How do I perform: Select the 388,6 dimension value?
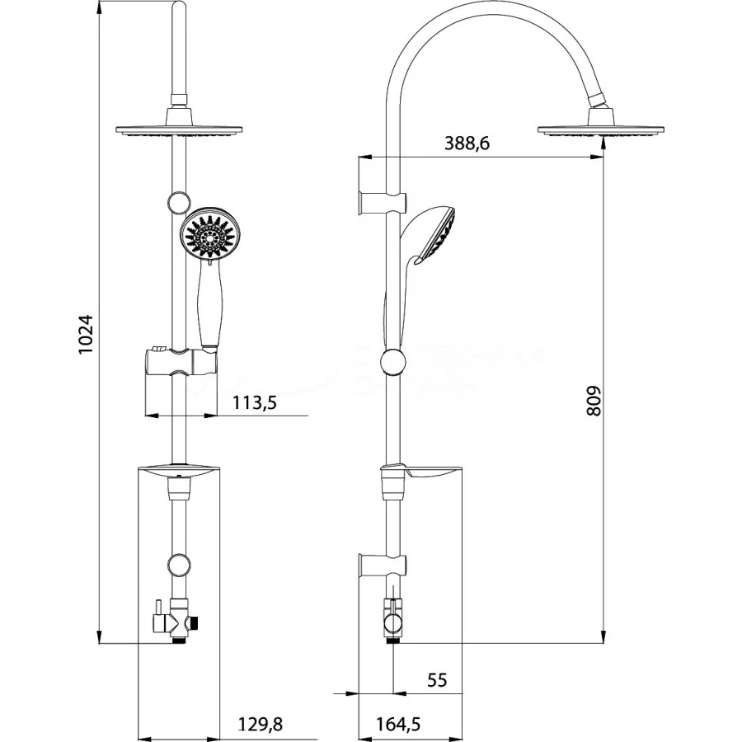click(467, 143)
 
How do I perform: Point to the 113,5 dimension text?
click(255, 403)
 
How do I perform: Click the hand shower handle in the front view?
click(210, 312)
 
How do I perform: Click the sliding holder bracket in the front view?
click(180, 363)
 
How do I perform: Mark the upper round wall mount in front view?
click(176, 201)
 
